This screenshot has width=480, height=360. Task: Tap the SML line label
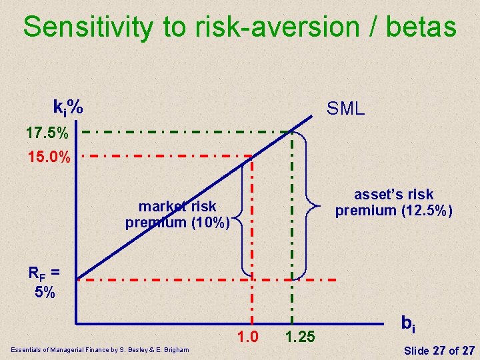point(345,109)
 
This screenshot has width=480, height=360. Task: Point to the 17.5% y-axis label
point(47,133)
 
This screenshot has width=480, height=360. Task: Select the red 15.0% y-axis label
point(47,159)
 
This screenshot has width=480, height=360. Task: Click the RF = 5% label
point(43,282)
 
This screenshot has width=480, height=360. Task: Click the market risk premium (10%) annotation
point(178,214)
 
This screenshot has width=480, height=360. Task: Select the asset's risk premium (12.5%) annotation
point(393,203)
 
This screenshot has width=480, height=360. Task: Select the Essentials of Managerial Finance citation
point(99,350)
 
